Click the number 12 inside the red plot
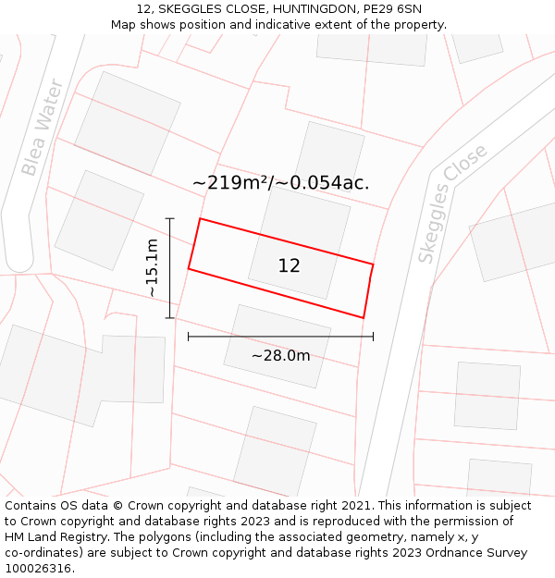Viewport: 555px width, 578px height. [x=289, y=266]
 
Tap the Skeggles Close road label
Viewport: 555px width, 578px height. [x=452, y=203]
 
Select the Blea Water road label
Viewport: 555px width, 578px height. [x=43, y=128]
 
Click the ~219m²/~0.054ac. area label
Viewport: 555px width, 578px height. [x=280, y=182]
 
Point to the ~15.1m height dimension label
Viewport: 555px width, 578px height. [x=152, y=267]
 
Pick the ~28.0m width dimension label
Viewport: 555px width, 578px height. [x=280, y=355]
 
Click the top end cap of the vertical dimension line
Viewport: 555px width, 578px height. [x=170, y=218]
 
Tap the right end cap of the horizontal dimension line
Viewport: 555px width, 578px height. [x=373, y=337]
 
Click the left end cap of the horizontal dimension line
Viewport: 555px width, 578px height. [x=189, y=337]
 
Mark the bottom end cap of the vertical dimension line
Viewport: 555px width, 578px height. [x=170, y=318]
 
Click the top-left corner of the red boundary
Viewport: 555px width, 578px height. [x=200, y=219]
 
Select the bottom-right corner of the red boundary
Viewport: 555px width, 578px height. [x=364, y=318]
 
